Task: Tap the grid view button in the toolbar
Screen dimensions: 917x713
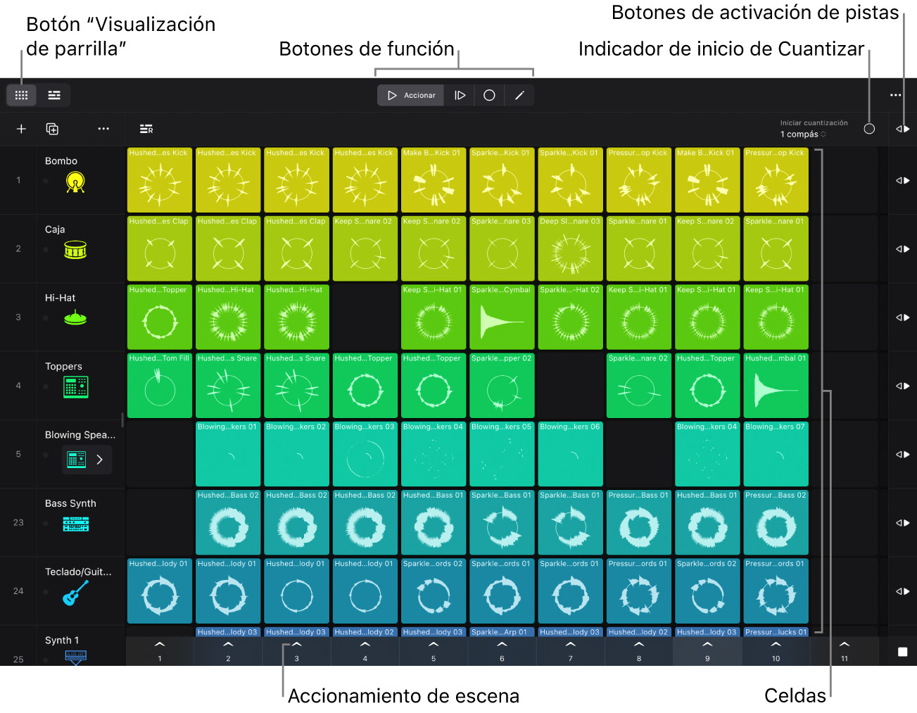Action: [x=21, y=95]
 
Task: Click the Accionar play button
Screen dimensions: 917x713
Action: [x=410, y=95]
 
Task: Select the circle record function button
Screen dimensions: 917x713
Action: [x=489, y=95]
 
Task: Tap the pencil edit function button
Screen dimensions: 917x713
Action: [x=519, y=95]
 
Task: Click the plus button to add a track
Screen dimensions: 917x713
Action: [x=21, y=129]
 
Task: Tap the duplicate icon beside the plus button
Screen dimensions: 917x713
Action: [x=52, y=129]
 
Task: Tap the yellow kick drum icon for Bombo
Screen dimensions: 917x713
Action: [x=75, y=182]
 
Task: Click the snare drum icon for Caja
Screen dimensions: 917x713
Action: [x=75, y=250]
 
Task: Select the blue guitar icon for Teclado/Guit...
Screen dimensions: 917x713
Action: [x=75, y=593]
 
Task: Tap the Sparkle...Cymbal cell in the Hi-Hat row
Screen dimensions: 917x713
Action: [x=502, y=317]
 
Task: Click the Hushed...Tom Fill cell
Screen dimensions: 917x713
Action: [x=160, y=386]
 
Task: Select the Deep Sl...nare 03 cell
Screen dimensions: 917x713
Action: [x=570, y=248]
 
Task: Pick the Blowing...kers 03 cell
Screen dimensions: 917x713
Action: [x=365, y=454]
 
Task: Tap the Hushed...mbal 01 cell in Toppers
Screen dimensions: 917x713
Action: [x=776, y=386]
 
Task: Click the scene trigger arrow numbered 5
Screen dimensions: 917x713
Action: [x=434, y=644]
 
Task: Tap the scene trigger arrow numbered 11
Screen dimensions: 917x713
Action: [x=845, y=644]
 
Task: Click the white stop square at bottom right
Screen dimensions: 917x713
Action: [x=902, y=652]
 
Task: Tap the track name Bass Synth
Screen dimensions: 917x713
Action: [x=70, y=503]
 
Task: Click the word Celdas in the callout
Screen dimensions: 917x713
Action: [x=795, y=695]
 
